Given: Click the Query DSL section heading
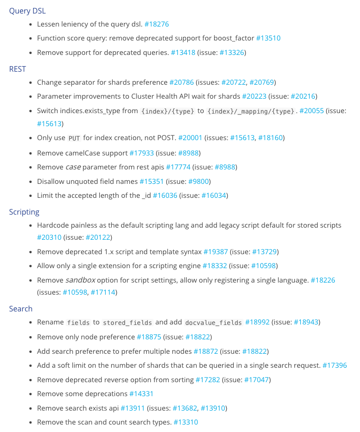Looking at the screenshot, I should click(x=27, y=10).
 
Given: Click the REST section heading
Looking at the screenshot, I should click(x=17, y=68).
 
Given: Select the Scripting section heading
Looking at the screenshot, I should click(x=24, y=212).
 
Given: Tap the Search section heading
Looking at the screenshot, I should click(x=20, y=309).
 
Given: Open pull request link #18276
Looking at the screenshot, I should click(x=156, y=24).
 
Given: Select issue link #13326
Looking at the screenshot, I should click(x=231, y=53).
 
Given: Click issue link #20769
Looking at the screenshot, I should click(x=262, y=82).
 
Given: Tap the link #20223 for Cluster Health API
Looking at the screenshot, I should click(x=254, y=96).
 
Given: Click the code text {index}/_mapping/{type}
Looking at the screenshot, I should click(x=251, y=111).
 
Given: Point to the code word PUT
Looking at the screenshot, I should click(x=74, y=138).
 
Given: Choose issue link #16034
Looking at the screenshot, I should click(x=214, y=196).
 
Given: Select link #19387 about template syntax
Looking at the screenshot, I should click(x=216, y=252).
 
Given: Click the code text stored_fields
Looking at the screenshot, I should click(x=127, y=323).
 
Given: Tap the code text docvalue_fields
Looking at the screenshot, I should click(x=213, y=323).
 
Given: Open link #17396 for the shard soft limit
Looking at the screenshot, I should click(x=334, y=365).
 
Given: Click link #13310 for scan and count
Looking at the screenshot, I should click(x=186, y=422).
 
